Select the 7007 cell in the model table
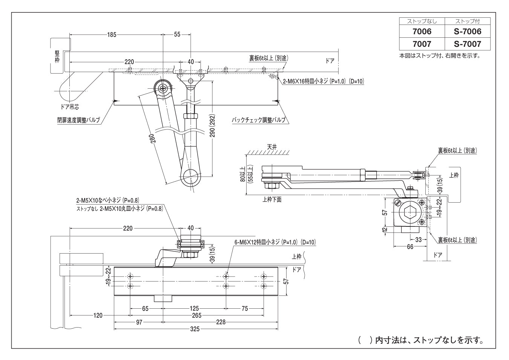pyautogui.click(x=422, y=44)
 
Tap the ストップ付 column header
pyautogui.click(x=468, y=21)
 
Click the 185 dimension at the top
pyautogui.click(x=112, y=34)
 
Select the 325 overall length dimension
pyautogui.click(x=195, y=329)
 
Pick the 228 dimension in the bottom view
pyautogui.click(x=221, y=322)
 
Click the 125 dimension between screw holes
pyautogui.click(x=194, y=308)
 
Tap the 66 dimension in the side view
pyautogui.click(x=410, y=247)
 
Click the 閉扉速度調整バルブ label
pyautogui.click(x=79, y=120)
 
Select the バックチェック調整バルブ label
pyautogui.click(x=258, y=120)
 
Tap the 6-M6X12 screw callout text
pyautogui.click(x=275, y=242)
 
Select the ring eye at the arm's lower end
pyautogui.click(x=191, y=176)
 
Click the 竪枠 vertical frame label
pyautogui.click(x=57, y=57)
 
